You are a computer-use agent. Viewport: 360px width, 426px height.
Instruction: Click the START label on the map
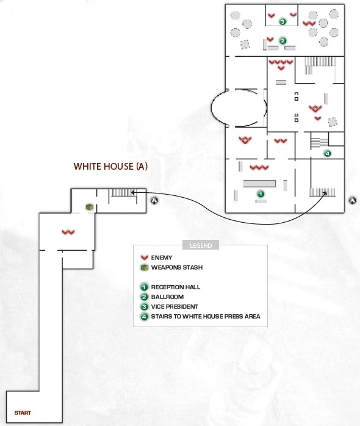coord(23,413)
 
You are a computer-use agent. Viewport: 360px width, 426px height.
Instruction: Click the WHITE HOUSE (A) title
coord(110,166)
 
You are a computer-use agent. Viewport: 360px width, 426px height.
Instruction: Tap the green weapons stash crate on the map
coord(89,207)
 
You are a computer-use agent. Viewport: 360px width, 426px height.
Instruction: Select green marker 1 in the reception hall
coord(261,194)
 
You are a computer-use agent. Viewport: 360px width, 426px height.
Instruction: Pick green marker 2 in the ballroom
coord(283,41)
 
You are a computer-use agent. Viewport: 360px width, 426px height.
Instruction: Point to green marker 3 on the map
coord(283,21)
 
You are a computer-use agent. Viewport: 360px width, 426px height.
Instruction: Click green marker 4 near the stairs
coord(328,154)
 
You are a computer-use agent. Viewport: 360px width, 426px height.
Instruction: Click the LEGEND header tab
coord(201,245)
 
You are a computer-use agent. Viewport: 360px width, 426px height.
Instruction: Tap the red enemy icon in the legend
coord(144,258)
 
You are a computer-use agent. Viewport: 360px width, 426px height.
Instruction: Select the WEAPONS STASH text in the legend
coord(177,267)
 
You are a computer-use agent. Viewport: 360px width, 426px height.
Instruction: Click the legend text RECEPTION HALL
coord(176,287)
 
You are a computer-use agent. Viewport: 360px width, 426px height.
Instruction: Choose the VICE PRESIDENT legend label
coord(175,306)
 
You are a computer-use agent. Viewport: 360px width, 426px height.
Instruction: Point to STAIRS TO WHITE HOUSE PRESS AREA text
coord(206,316)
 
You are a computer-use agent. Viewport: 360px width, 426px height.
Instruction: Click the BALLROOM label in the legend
coord(167,297)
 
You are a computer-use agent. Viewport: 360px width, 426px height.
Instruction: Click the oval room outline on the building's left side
coord(211,107)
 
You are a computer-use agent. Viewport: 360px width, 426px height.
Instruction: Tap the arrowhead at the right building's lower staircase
coord(325,193)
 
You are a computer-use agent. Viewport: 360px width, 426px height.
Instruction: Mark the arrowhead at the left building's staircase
coord(132,192)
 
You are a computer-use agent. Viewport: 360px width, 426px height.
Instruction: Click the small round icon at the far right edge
coord(353,201)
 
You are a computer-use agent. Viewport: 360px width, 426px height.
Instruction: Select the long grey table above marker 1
coord(259,184)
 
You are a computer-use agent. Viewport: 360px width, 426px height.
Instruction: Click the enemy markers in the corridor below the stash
coord(68,233)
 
